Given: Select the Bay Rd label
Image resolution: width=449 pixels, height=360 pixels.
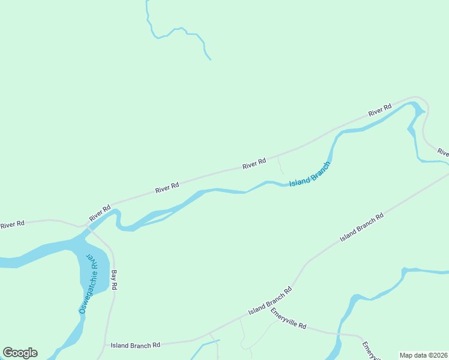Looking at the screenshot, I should point(114,280).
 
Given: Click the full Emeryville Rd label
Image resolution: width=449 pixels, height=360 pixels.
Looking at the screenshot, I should point(288,319).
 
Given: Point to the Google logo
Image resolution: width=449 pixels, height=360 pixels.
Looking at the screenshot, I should point(20,353).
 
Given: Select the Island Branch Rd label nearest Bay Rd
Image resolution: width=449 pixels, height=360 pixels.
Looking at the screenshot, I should point(135,345).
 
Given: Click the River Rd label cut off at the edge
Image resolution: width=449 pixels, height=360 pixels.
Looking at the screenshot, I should point(442,152).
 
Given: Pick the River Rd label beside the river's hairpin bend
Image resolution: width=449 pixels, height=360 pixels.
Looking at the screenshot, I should point(379,110).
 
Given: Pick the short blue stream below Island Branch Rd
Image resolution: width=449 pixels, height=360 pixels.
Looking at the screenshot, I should point(207,344).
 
